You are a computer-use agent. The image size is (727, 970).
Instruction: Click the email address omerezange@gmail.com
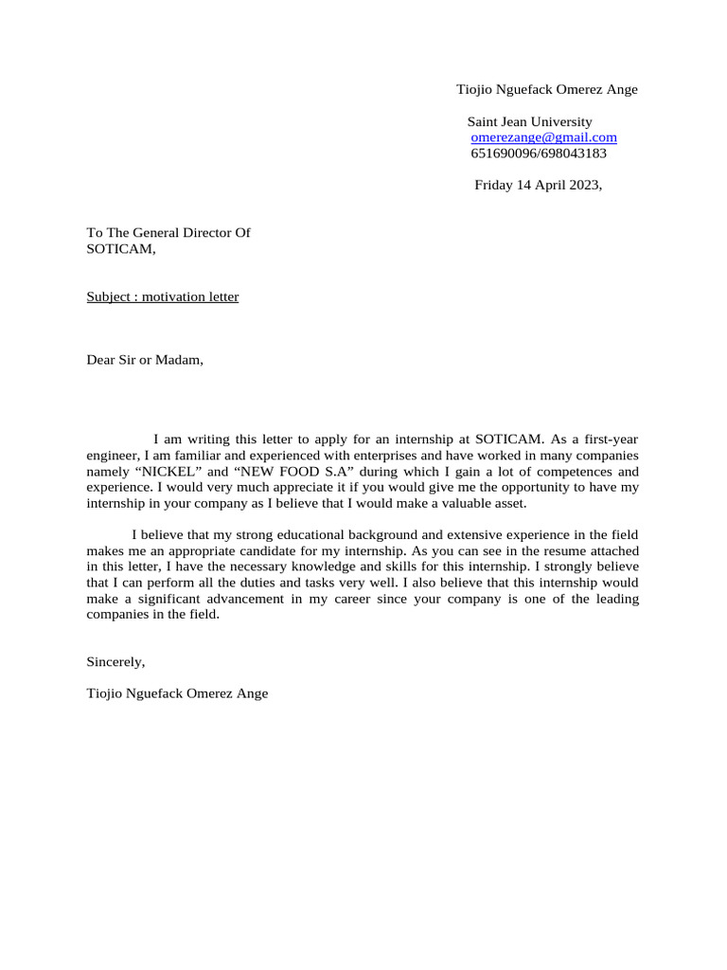543,137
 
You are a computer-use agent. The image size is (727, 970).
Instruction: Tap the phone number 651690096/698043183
539,153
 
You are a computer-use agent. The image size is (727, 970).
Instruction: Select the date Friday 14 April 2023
538,185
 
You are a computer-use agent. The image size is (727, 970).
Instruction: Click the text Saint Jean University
530,121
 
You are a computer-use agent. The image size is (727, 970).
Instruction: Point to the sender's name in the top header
547,89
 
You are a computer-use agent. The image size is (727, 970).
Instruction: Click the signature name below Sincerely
177,692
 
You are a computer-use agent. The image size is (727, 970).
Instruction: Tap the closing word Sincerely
115,661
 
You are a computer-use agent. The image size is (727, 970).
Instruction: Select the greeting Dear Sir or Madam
145,359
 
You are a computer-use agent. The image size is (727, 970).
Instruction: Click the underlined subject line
163,296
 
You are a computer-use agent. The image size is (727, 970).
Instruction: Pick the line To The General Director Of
168,232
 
